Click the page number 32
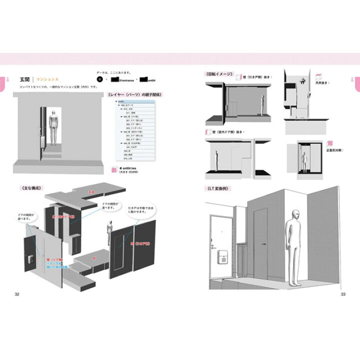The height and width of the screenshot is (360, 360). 17,294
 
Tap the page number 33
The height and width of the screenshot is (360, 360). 343,294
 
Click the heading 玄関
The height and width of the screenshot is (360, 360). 25,79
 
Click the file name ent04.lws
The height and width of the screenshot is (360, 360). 128,168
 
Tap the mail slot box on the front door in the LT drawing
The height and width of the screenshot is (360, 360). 222,259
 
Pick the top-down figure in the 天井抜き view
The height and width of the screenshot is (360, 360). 303,80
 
